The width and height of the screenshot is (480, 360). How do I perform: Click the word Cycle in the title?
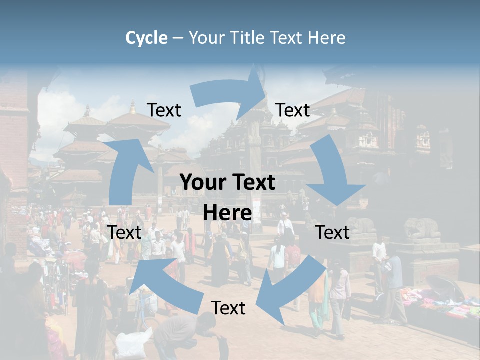(x=146, y=38)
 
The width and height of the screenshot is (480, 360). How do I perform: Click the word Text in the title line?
(x=287, y=38)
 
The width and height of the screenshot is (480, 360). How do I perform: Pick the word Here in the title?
(x=326, y=38)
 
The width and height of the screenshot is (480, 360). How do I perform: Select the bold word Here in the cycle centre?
(x=227, y=213)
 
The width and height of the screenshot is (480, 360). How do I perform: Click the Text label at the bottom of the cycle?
(x=228, y=308)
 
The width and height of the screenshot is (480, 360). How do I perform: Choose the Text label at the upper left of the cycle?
(x=164, y=110)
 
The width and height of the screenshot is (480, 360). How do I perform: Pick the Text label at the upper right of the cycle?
(x=293, y=110)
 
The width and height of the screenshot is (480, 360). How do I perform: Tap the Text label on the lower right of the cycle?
(x=332, y=232)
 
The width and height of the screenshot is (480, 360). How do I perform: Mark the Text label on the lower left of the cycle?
(x=125, y=232)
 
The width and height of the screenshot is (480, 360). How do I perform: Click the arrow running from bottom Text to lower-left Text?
(x=165, y=285)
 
